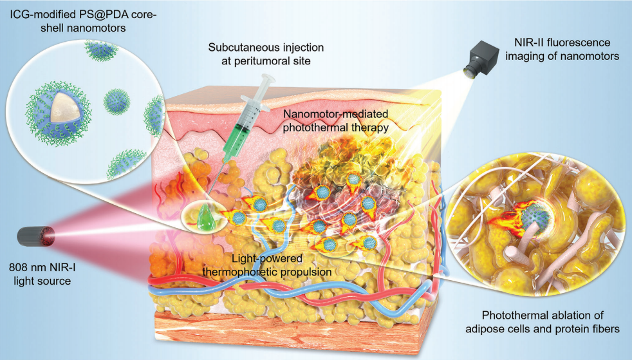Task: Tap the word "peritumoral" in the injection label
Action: coord(272,62)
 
